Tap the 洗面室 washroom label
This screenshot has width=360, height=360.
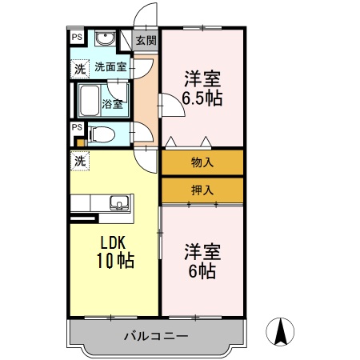[x=110, y=67]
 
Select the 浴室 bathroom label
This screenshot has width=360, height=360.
[x=113, y=102]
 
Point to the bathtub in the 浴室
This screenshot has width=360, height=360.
[x=87, y=102]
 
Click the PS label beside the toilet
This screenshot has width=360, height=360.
[x=77, y=126]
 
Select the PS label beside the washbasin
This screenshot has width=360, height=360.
[x=77, y=37]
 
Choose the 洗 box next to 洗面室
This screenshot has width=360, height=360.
[x=79, y=69]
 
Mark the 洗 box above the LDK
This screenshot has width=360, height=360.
[x=79, y=161]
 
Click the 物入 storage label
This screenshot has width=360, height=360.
[x=202, y=162]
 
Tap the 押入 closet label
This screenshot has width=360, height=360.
[x=202, y=190]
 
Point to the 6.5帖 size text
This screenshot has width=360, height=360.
[x=202, y=100]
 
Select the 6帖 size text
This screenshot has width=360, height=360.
[x=202, y=271]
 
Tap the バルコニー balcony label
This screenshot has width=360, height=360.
[x=156, y=336]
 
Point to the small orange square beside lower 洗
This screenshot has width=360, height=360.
[x=79, y=143]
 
